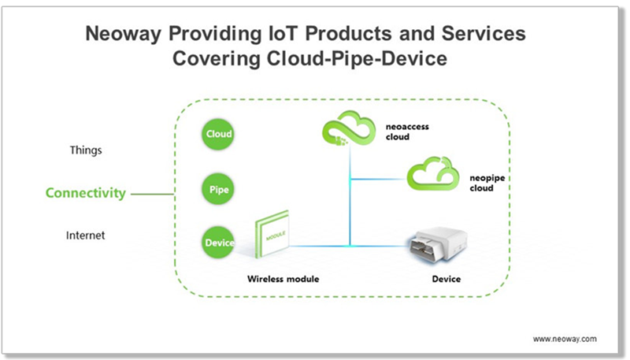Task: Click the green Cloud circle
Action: pos(218,134)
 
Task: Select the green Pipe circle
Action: pos(218,190)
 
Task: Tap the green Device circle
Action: pos(218,243)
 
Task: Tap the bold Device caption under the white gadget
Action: pos(446,280)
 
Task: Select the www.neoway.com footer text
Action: pos(565,338)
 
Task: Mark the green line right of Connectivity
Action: pos(153,193)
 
